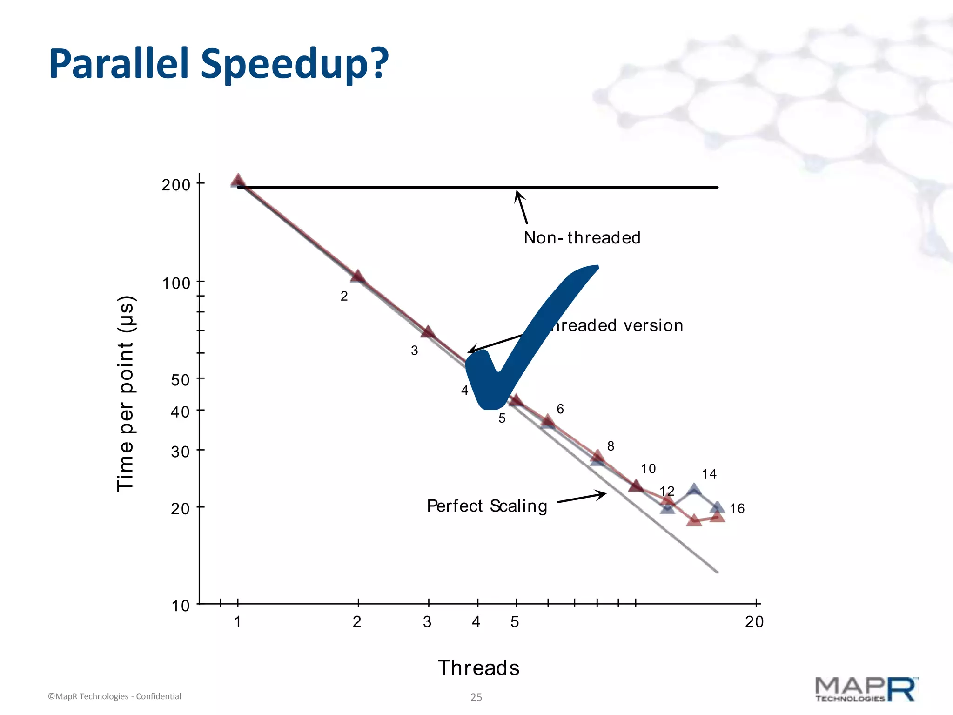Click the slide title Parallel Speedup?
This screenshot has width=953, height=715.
(219, 64)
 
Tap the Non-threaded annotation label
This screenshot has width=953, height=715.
(582, 238)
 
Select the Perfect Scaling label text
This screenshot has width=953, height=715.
(487, 506)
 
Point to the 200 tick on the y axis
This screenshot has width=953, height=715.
(176, 185)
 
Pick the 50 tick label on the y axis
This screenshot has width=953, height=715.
(180, 380)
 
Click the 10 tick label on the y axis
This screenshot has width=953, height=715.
(180, 606)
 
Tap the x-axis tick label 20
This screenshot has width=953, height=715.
(754, 622)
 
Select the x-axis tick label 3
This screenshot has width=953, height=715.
(427, 622)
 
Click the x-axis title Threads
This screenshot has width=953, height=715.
(478, 668)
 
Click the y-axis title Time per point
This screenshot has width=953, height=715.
(126, 393)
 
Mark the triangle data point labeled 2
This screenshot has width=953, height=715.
(357, 277)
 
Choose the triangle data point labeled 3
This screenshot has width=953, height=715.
(428, 332)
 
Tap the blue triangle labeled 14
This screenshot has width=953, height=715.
(694, 490)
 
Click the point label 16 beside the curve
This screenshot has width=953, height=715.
(737, 508)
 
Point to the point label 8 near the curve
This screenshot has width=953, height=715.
(611, 446)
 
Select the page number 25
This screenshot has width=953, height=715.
(476, 697)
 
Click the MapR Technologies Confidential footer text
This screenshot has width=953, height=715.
(114, 696)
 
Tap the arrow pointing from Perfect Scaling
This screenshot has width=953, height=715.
(582, 497)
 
